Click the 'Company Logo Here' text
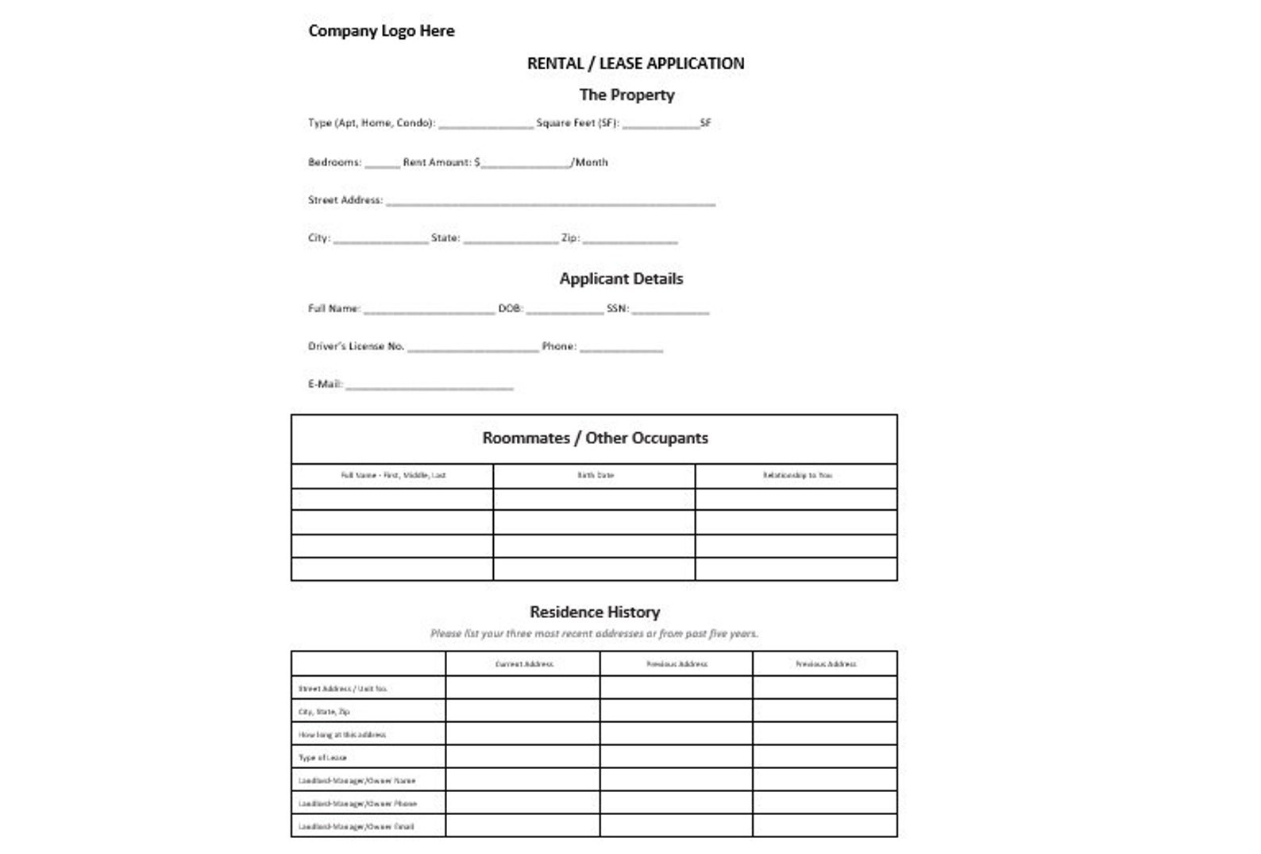click(381, 31)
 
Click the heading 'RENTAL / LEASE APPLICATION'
click(635, 64)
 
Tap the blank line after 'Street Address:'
click(550, 202)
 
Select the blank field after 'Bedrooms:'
click(382, 164)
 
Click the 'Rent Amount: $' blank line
click(525, 164)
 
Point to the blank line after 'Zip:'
click(630, 239)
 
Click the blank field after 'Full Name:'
click(429, 310)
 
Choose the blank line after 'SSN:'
click(670, 310)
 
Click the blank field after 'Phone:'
click(621, 348)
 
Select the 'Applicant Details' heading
click(621, 279)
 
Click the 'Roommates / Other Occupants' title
click(595, 439)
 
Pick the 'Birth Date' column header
click(595, 476)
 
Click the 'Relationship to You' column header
click(796, 476)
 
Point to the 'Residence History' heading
click(595, 612)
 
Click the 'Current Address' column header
click(523, 664)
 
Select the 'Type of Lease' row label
click(322, 758)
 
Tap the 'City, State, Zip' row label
click(324, 712)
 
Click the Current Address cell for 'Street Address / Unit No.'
click(523, 688)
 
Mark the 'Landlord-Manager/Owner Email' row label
click(356, 827)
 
